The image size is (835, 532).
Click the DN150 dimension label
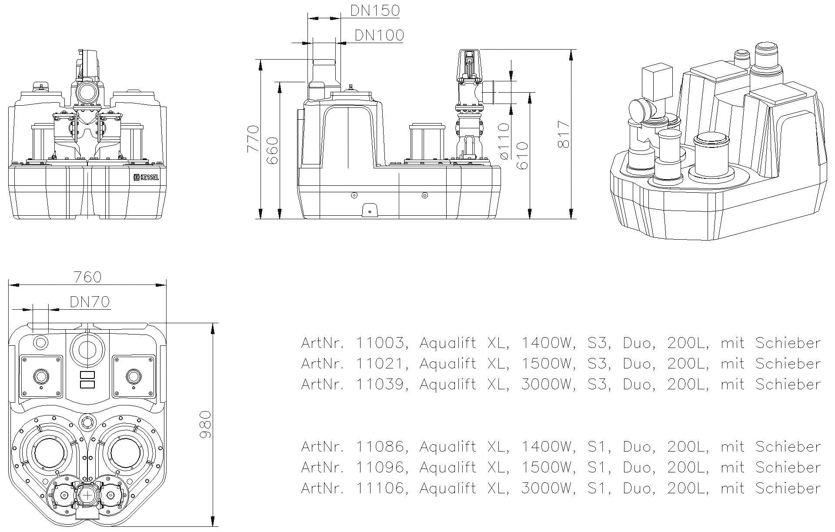click(x=375, y=10)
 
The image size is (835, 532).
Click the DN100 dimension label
click(x=379, y=35)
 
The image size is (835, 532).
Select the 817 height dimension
click(x=563, y=135)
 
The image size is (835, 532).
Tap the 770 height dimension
click(x=253, y=139)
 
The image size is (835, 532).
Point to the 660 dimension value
click(x=272, y=150)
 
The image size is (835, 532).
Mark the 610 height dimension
click(x=522, y=156)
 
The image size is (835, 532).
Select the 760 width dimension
click(x=87, y=277)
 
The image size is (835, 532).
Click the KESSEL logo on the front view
click(x=146, y=177)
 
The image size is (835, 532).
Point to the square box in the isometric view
click(x=657, y=81)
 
